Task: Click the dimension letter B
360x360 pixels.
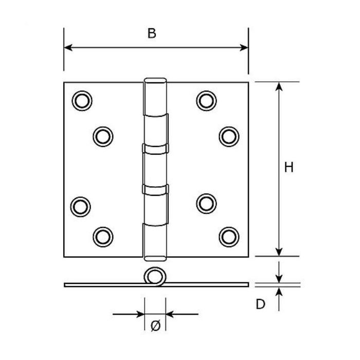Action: pyautogui.click(x=152, y=33)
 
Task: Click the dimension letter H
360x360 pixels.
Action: pyautogui.click(x=289, y=167)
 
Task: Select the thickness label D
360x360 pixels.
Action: pyautogui.click(x=260, y=304)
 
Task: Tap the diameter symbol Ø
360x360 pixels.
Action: pyautogui.click(x=155, y=326)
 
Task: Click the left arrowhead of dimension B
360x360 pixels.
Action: pyautogui.click(x=68, y=47)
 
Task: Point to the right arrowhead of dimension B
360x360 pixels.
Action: pyautogui.click(x=244, y=47)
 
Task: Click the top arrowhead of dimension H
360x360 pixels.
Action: pyautogui.click(x=279, y=86)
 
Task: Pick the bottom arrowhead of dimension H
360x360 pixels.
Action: pyautogui.click(x=279, y=252)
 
